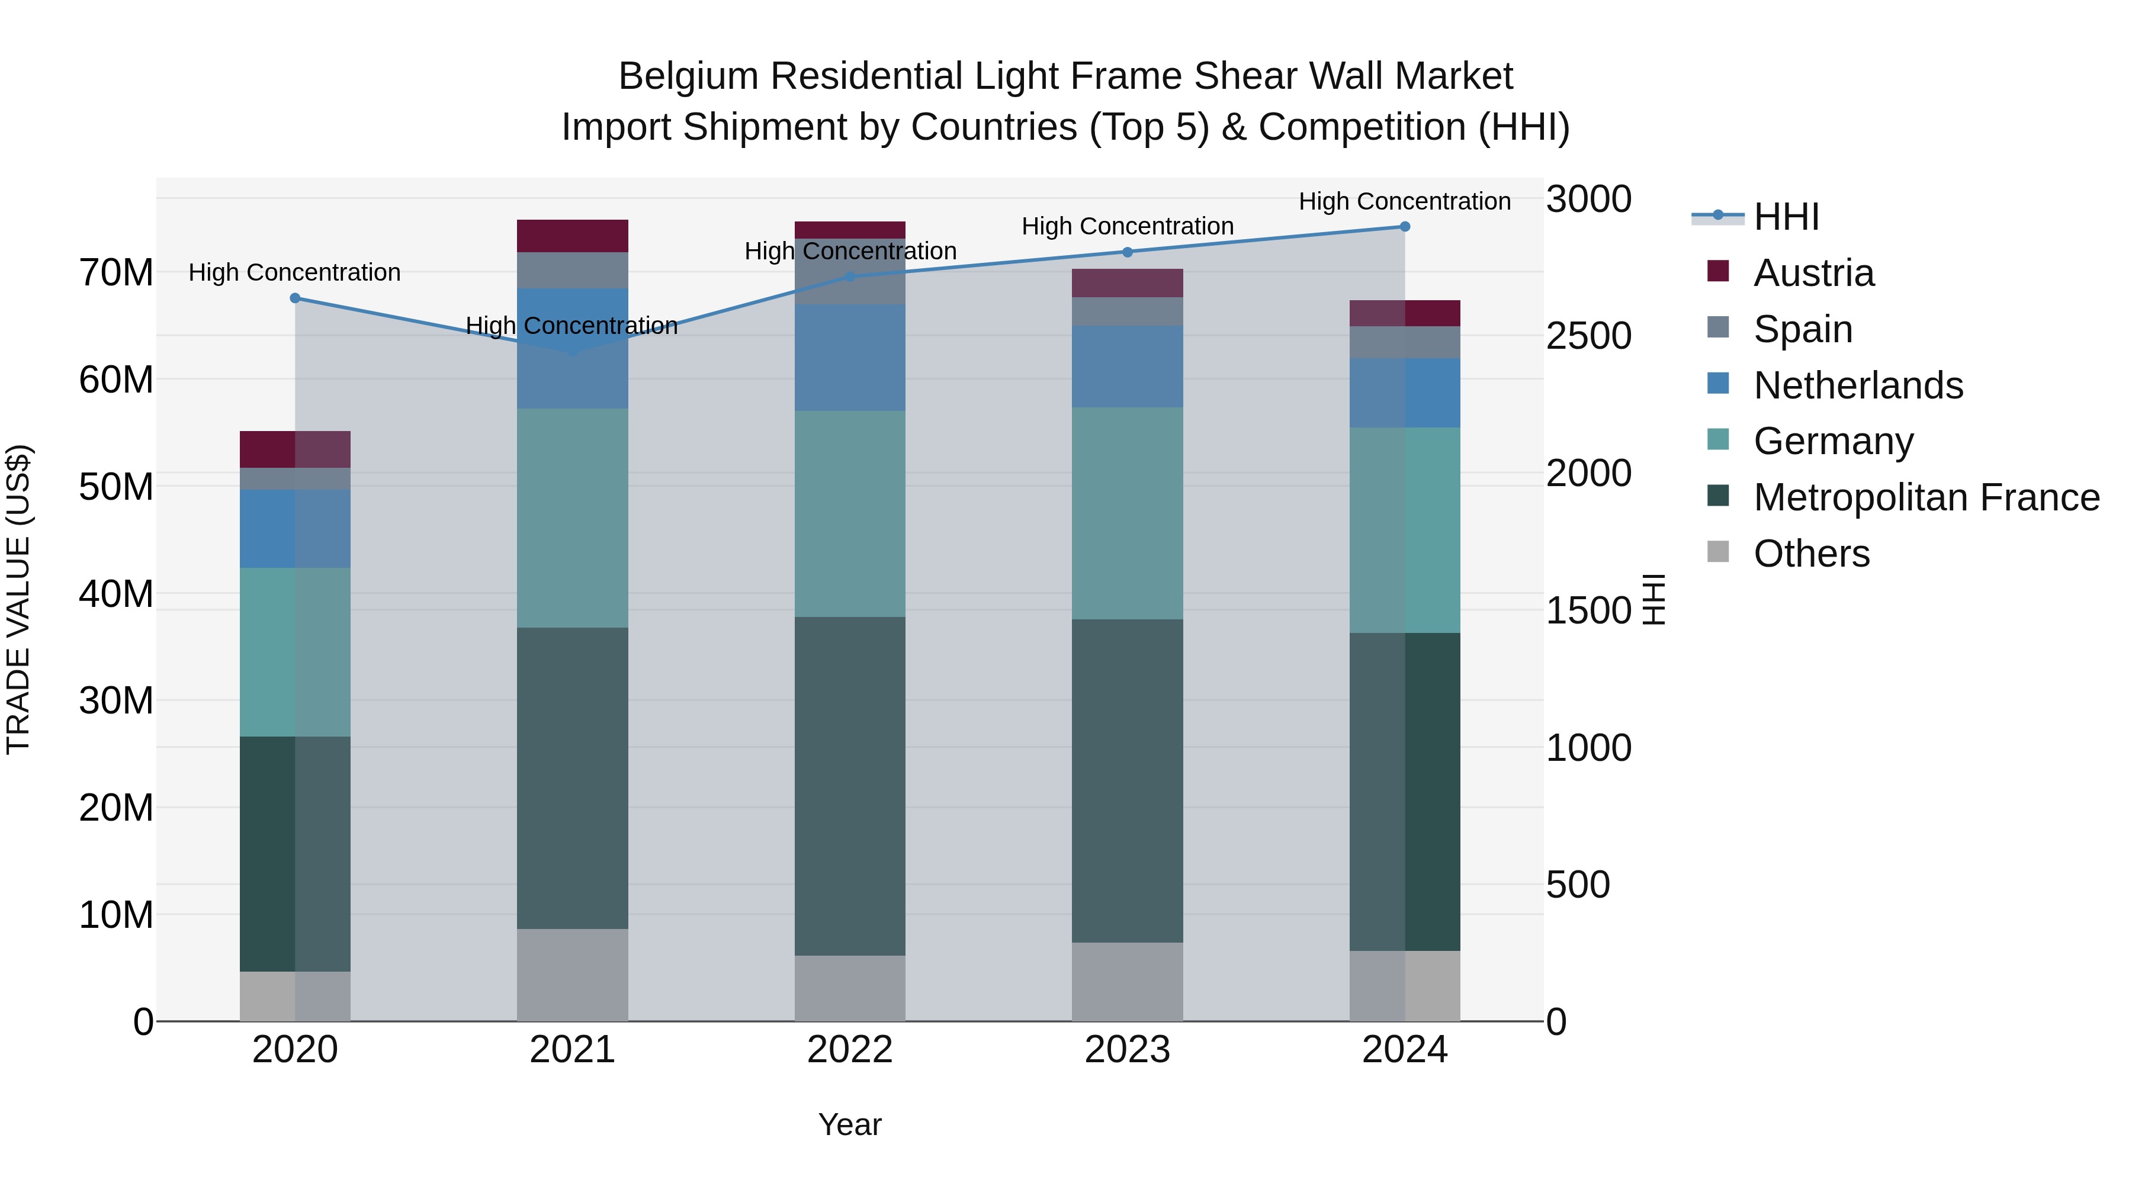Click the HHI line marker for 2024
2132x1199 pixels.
(x=1405, y=227)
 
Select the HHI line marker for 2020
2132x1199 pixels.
(x=295, y=298)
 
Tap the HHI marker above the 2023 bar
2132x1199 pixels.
(x=1127, y=252)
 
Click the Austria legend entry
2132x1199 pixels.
(x=1813, y=273)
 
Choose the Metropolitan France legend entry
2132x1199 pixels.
(x=1926, y=497)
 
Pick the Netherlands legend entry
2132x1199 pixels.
(x=1857, y=385)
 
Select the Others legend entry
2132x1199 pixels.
(x=1811, y=554)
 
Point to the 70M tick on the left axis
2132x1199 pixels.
(x=116, y=272)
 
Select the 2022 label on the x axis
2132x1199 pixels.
(x=850, y=1050)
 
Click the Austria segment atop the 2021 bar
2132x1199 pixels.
(x=573, y=236)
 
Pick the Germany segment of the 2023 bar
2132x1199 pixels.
(x=1127, y=513)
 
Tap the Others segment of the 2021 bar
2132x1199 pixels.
(x=573, y=974)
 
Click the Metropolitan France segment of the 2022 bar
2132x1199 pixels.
(x=850, y=786)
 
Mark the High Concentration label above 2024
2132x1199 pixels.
(x=1405, y=201)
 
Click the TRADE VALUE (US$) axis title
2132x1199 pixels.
(x=18, y=599)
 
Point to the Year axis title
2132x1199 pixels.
(x=850, y=1124)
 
